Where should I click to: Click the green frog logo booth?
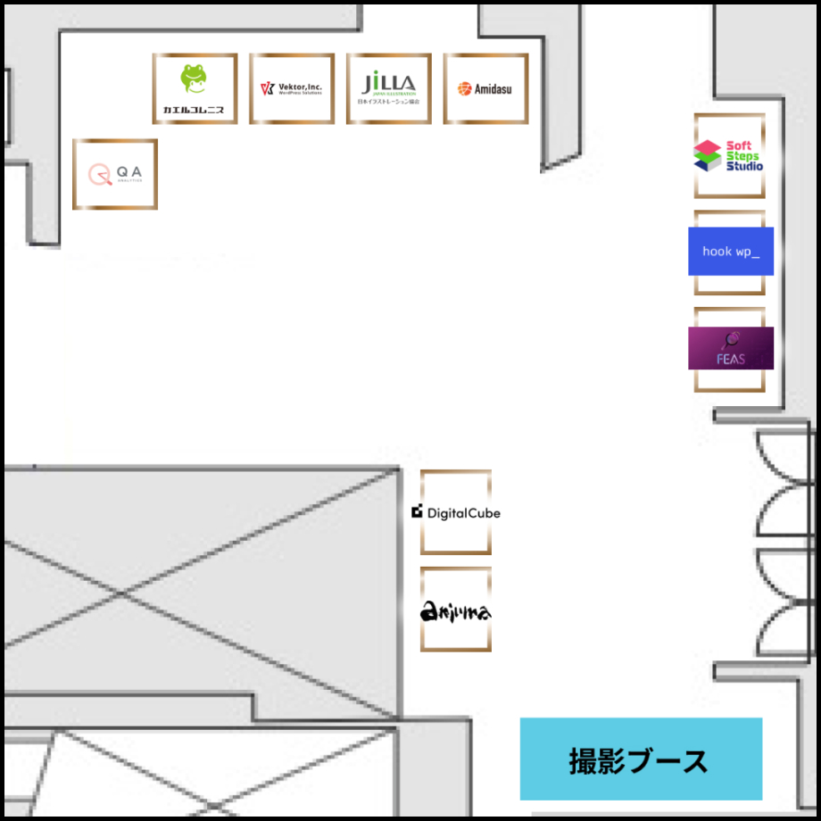coord(195,88)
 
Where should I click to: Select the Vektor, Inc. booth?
coord(292,88)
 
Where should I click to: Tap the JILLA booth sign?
coord(389,88)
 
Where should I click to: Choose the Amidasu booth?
coord(485,88)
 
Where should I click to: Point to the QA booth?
coord(115,174)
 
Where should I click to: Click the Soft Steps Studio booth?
coord(729,156)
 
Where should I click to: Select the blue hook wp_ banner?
coord(731,251)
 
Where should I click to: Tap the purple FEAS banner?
coord(731,348)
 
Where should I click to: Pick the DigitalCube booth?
coord(456,512)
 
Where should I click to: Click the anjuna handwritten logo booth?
coord(456,610)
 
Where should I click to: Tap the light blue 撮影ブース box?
coord(641,759)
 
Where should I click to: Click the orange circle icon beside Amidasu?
coord(464,89)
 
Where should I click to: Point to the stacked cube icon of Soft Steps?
coord(707,155)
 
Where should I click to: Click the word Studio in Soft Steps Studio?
coord(744,166)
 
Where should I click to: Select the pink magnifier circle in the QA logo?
coord(98,173)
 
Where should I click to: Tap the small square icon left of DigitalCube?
coord(417,512)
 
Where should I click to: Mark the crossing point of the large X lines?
coord(122,592)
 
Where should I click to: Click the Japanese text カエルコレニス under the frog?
coord(194,111)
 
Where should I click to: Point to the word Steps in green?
coord(742,156)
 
